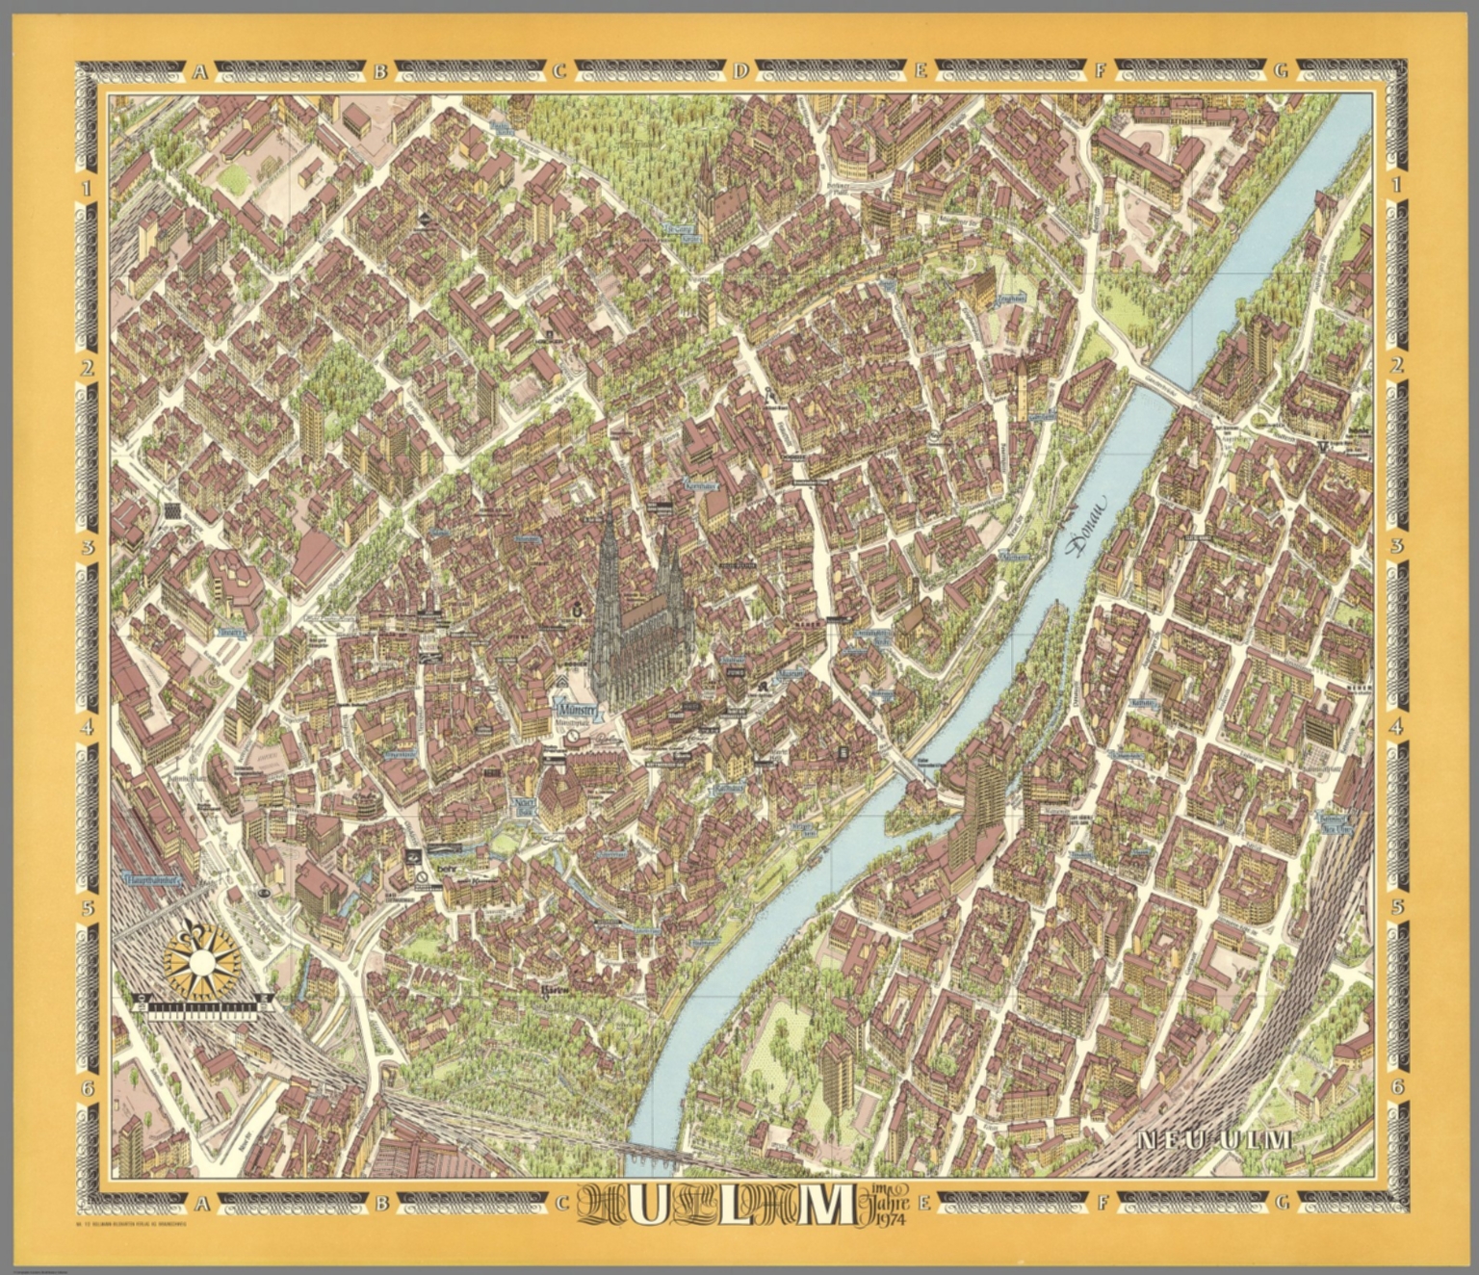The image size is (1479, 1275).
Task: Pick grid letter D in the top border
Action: coord(740,70)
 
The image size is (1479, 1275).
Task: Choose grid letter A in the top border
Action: coord(200,70)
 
